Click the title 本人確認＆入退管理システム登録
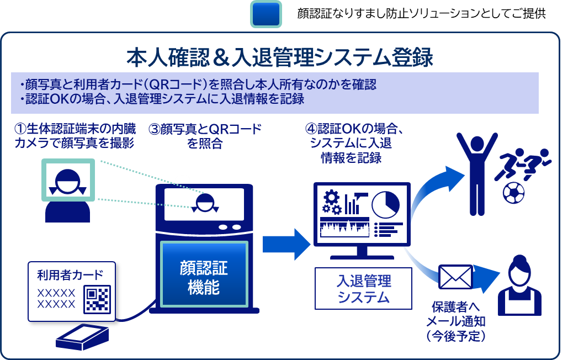pos(280,57)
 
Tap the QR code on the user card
pos(97,298)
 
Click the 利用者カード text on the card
pos(70,275)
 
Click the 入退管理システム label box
pos(363,288)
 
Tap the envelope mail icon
pos(455,277)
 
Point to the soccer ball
pos(514,193)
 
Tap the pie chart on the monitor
pos(385,204)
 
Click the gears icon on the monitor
pos(331,201)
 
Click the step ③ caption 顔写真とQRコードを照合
pos(205,136)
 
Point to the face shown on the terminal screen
pos(204,202)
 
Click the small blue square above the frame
pos(266,14)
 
